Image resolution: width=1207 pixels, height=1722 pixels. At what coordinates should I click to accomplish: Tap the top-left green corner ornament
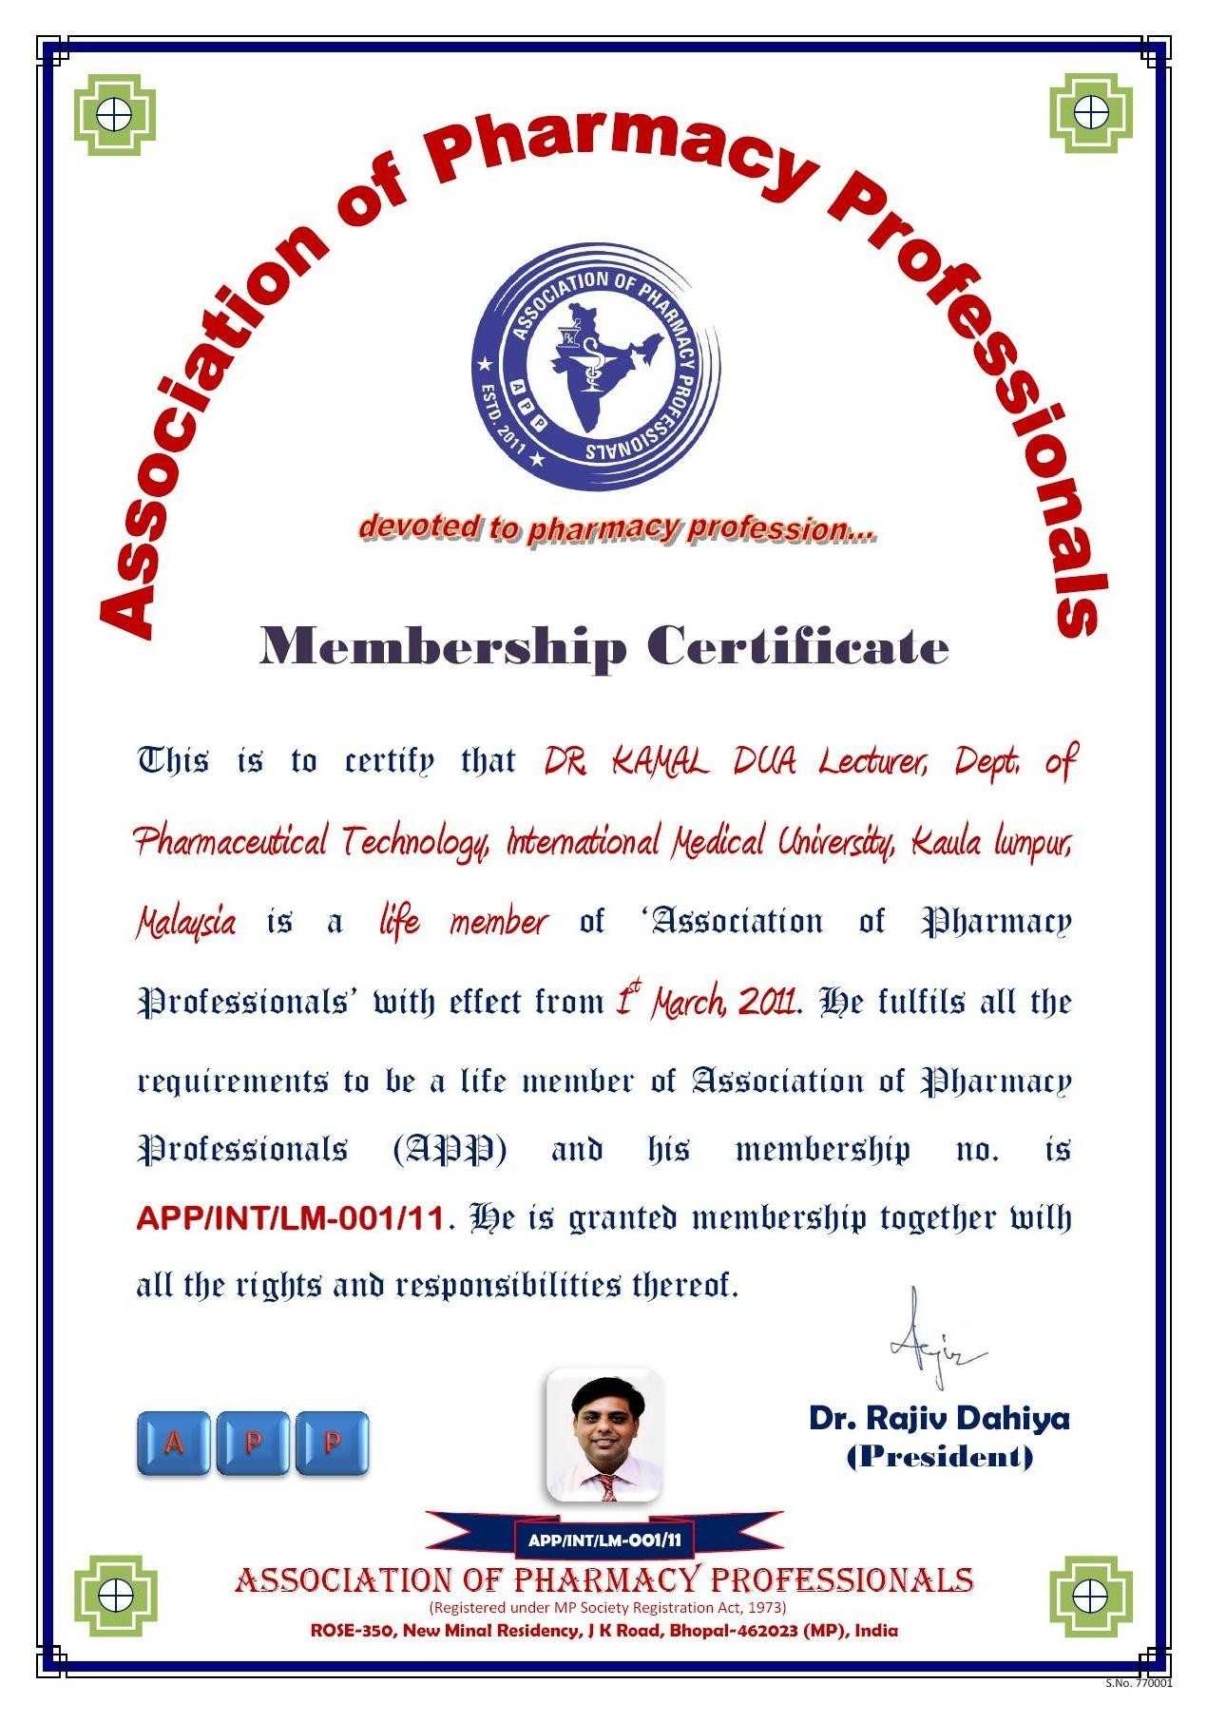pos(114,114)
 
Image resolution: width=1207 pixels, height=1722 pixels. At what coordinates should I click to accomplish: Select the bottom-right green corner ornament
pos(1091,1610)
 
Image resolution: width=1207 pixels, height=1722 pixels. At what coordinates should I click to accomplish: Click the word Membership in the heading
pos(443,647)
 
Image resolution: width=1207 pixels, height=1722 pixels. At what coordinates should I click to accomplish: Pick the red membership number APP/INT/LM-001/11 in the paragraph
pos(290,1217)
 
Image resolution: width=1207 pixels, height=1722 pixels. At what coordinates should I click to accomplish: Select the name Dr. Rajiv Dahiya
pos(939,1418)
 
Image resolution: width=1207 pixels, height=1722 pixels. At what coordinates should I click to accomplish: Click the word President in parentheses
pos(939,1456)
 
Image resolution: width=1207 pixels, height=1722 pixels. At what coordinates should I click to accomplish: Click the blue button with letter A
pos(174,1443)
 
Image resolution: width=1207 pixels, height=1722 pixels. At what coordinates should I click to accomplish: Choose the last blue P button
pos(332,1443)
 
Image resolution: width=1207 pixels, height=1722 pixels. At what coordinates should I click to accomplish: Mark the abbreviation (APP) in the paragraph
pos(450,1150)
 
